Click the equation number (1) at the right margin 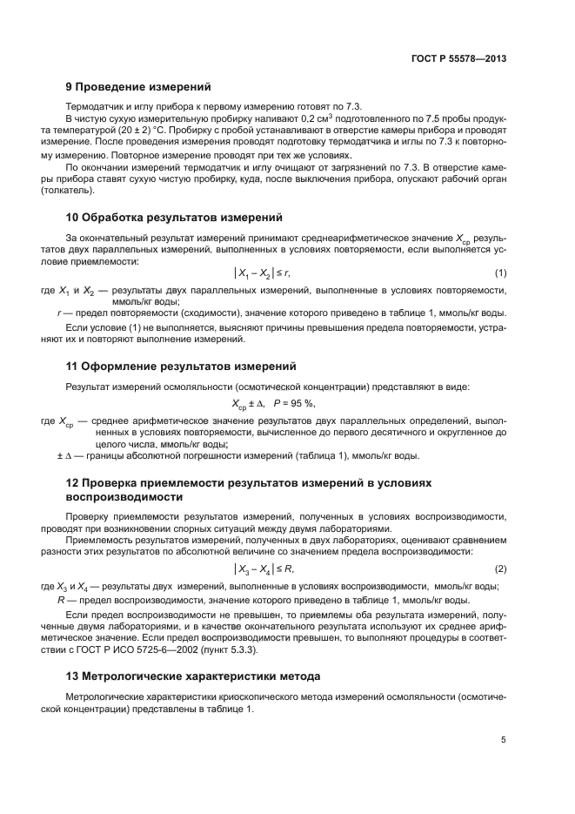click(x=500, y=273)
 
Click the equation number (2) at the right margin click(x=500, y=568)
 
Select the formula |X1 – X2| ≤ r click(x=261, y=273)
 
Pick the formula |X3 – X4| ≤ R click(x=262, y=568)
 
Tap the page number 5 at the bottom click(x=503, y=740)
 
